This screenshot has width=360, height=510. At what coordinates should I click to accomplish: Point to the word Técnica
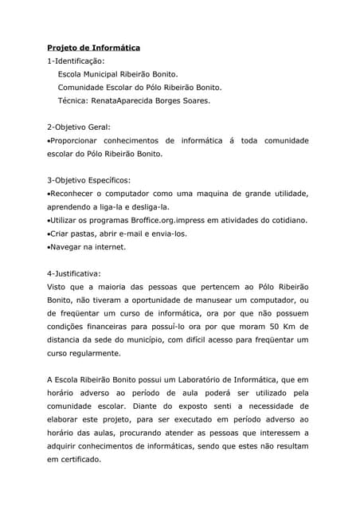74,100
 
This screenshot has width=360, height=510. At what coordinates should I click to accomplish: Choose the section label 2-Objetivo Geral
79,127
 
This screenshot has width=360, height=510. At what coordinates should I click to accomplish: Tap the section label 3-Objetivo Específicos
89,180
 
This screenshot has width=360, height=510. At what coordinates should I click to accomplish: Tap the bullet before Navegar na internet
49,247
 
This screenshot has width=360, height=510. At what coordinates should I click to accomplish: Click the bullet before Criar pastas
49,233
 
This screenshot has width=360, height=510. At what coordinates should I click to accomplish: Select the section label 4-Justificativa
74,273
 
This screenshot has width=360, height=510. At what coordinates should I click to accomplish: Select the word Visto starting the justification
57,287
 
